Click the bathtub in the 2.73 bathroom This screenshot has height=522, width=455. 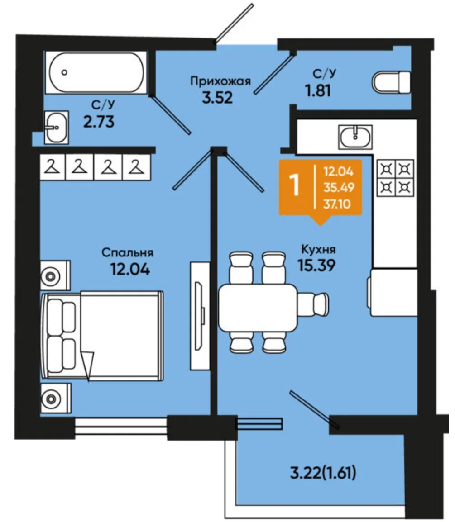pyautogui.click(x=96, y=72)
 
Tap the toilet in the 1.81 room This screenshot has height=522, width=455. pyautogui.click(x=391, y=82)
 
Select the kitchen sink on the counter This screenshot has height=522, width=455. pyautogui.click(x=355, y=137)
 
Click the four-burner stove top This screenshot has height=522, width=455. pyautogui.click(x=395, y=177)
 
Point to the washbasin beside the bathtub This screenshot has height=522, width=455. pyautogui.click(x=57, y=127)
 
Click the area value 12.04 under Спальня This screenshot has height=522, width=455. pyautogui.click(x=130, y=269)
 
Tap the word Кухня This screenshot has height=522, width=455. pyautogui.click(x=318, y=249)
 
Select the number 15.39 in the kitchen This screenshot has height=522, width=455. pyautogui.click(x=316, y=265)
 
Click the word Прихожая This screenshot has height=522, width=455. pyautogui.click(x=220, y=81)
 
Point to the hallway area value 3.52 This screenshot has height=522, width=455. pyautogui.click(x=217, y=98)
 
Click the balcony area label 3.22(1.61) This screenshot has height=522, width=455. pyautogui.click(x=323, y=473)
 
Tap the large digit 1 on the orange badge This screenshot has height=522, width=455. pyautogui.click(x=294, y=185)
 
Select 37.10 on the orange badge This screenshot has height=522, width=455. pyautogui.click(x=337, y=204)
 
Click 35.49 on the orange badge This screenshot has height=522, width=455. pyautogui.click(x=339, y=188)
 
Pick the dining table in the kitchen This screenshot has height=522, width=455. pyautogui.click(x=258, y=307)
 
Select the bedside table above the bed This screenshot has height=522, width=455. pyautogui.click(x=55, y=275)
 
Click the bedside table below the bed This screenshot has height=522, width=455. pyautogui.click(x=56, y=398)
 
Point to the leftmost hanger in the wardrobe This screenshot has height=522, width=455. pyautogui.click(x=53, y=166)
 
